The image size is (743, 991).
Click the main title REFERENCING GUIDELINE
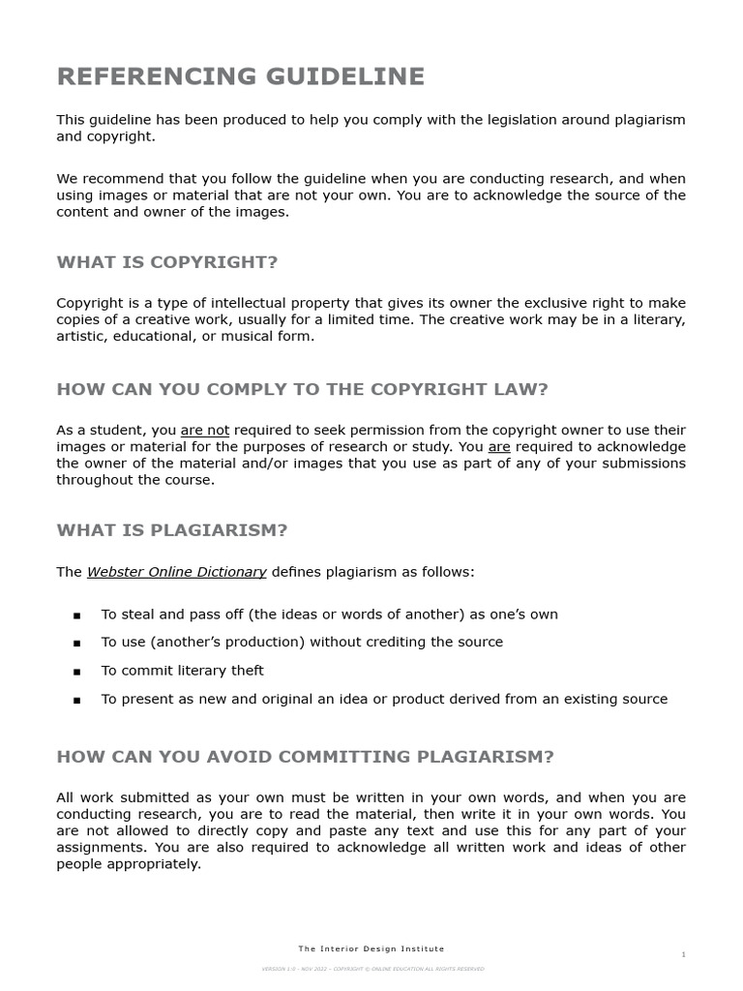pyautogui.click(x=240, y=76)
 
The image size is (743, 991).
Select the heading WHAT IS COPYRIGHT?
pyautogui.click(x=166, y=262)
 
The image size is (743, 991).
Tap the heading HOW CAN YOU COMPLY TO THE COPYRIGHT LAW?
pyautogui.click(x=302, y=389)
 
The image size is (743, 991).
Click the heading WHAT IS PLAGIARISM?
pyautogui.click(x=172, y=530)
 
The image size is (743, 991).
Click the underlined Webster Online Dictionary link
pyautogui.click(x=177, y=572)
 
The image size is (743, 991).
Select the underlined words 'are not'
pyautogui.click(x=205, y=431)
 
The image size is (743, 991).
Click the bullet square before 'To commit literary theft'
pyautogui.click(x=76, y=672)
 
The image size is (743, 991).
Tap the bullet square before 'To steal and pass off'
pyautogui.click(x=76, y=616)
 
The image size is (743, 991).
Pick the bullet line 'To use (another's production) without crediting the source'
pyautogui.click(x=302, y=643)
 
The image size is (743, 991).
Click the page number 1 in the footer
pyautogui.click(x=683, y=955)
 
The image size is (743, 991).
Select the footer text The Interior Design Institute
pyautogui.click(x=371, y=949)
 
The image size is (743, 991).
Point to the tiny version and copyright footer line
pyautogui.click(x=372, y=969)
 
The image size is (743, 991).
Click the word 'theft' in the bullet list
pyautogui.click(x=246, y=671)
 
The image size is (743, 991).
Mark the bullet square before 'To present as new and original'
pyautogui.click(x=76, y=700)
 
